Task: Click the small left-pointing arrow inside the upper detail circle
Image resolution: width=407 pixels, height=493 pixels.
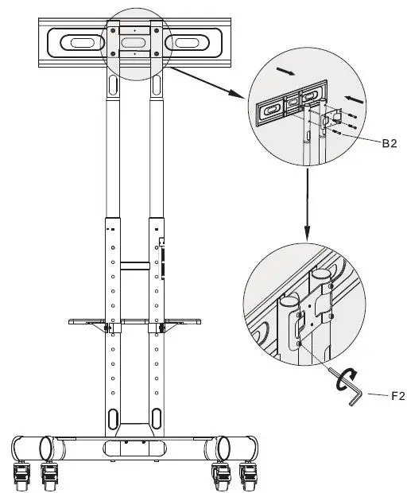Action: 356,102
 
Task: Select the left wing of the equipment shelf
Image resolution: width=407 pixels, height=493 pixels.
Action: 86,321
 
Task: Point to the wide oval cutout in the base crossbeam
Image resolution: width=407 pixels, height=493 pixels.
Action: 134,448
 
